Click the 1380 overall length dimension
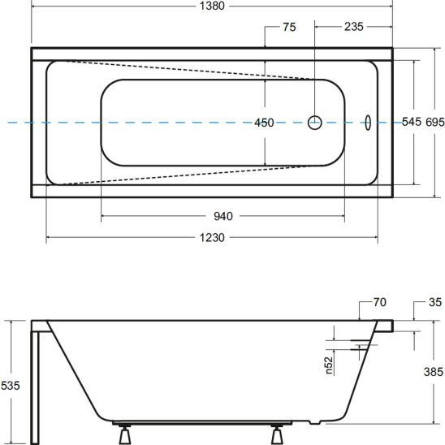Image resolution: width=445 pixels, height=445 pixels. [212, 6]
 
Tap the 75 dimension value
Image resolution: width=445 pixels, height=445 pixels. [289, 27]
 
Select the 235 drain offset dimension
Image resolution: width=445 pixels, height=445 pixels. [353, 27]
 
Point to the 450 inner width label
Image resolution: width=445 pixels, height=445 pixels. [264, 123]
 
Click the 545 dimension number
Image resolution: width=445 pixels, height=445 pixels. [412, 122]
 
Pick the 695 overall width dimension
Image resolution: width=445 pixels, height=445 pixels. [435, 122]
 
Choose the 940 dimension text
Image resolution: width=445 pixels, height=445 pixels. [223, 216]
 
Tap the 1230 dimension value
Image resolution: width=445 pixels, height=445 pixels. [212, 238]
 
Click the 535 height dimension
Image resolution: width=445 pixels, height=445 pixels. [11, 386]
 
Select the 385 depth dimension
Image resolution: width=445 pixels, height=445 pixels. [434, 372]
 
